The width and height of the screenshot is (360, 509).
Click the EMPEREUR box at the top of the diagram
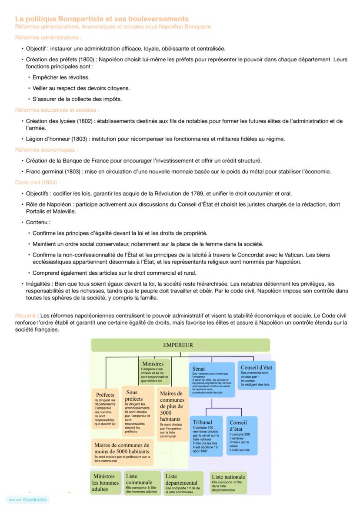pos(180,345)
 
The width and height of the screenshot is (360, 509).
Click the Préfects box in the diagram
pos(105,409)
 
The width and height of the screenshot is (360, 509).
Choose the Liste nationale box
pos(228,482)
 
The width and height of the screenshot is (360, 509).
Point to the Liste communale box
pos(142,482)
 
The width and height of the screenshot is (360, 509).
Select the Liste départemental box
pos(183,483)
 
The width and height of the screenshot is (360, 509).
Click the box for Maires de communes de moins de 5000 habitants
pos(122,451)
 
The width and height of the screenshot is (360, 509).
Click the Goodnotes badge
pos(27,499)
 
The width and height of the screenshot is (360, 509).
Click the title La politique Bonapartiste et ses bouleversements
pos(102,19)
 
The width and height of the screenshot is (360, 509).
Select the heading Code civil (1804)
pos(37,183)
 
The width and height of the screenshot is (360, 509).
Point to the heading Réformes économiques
pos(47,150)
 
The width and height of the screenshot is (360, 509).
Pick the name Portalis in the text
pos(40,211)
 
